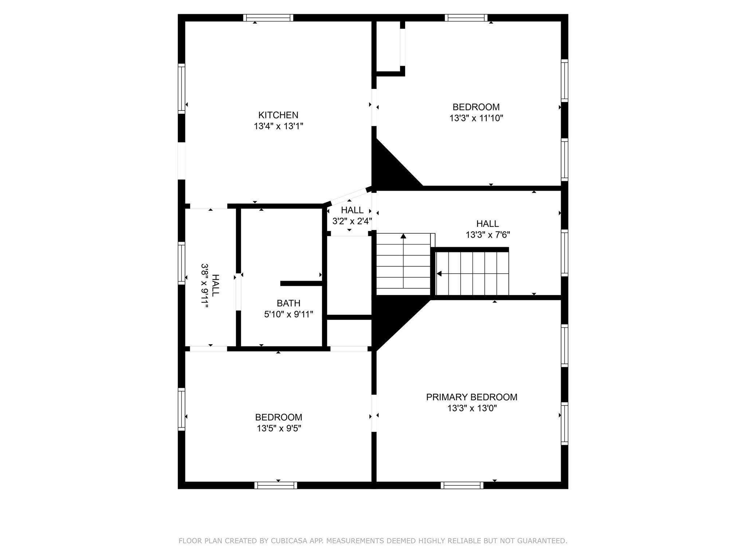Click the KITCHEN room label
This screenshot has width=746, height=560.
coord(278,115)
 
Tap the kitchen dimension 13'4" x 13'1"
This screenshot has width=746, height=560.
coord(278,127)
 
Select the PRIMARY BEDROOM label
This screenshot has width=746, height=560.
coord(471,397)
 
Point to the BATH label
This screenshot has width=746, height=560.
coord(288,303)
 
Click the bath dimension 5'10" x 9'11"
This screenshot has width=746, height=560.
coord(288,314)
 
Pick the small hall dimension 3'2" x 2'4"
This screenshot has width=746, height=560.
coord(352,221)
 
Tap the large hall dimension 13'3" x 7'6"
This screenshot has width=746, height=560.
coord(488,235)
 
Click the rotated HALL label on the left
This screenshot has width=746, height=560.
coord(216,285)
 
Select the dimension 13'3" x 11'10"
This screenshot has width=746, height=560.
coord(476,118)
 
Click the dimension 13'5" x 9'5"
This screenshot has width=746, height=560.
coord(279,428)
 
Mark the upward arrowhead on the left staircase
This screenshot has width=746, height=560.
coord(403,236)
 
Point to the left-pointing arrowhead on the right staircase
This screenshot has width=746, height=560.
coord(439,273)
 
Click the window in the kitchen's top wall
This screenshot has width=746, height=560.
coord(268,18)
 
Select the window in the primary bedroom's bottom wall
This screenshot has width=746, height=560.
coord(462,485)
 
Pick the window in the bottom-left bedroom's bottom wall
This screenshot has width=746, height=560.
coord(276,485)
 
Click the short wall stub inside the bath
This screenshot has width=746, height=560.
coord(301,283)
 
